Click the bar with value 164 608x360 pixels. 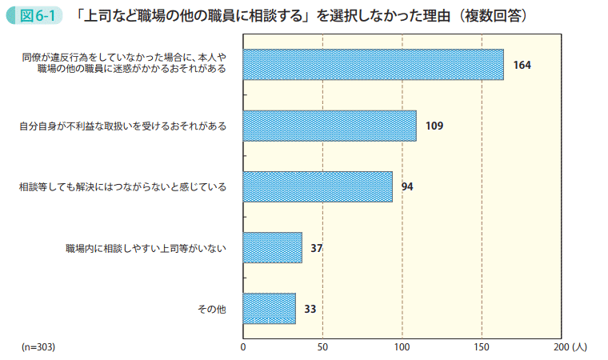click(373, 65)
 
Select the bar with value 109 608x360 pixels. click(329, 126)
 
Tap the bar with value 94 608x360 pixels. click(317, 186)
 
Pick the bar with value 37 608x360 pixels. click(272, 248)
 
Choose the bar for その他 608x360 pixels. click(269, 309)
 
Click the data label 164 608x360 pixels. click(522, 65)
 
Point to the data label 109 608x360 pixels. click(434, 126)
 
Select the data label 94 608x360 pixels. click(407, 186)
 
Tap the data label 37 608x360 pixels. click(317, 248)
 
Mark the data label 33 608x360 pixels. click(310, 309)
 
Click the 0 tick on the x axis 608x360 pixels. click(242, 347)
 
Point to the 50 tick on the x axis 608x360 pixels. click(322, 347)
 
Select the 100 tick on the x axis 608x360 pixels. click(402, 347)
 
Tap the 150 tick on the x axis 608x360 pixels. click(482, 347)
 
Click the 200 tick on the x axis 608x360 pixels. click(559, 347)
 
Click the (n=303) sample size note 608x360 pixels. click(38, 347)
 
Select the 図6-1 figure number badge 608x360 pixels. click(34, 15)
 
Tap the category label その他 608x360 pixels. click(212, 309)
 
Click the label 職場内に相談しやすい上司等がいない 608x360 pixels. click(146, 248)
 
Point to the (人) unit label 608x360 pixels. click(580, 347)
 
